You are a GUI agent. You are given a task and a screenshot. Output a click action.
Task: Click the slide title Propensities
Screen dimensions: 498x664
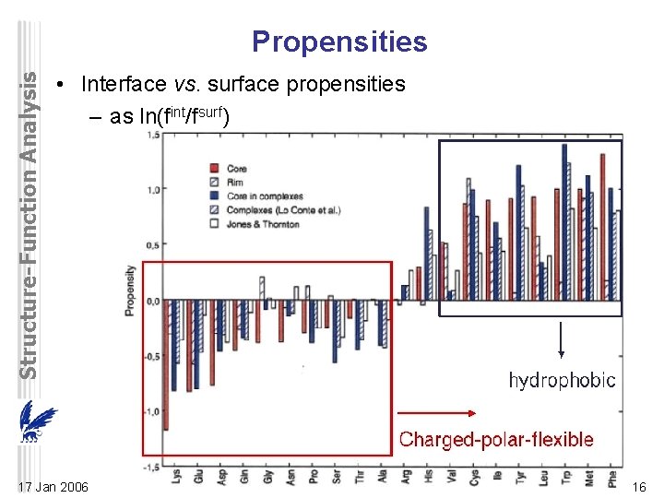coord(339,42)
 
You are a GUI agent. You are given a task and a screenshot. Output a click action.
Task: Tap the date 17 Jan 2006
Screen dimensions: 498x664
coord(53,486)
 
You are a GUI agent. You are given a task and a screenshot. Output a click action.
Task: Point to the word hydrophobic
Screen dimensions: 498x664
coord(562,381)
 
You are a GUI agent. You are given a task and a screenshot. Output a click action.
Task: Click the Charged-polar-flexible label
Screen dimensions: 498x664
coord(496,439)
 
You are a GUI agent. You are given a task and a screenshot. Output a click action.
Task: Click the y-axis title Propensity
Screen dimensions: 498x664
coord(130,290)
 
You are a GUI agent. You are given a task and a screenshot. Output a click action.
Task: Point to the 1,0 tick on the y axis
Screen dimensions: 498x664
coord(153,189)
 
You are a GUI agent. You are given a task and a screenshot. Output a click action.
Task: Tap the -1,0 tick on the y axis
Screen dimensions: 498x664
coord(151,411)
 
